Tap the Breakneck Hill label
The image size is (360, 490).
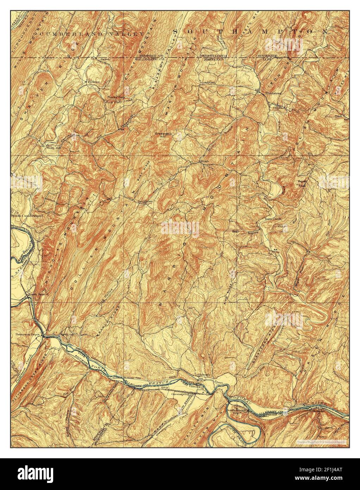point(162,135)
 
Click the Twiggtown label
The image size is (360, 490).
point(144,202)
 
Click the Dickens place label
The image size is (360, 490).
point(93,81)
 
